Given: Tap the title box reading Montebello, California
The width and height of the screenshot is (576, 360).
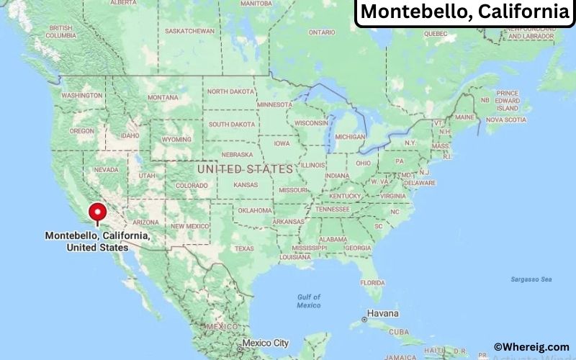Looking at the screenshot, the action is [464, 12].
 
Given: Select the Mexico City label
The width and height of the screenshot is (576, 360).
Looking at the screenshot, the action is [266, 343].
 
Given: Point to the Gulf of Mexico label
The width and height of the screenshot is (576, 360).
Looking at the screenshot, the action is [309, 301].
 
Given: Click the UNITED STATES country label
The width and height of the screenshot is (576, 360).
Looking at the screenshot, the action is [245, 169].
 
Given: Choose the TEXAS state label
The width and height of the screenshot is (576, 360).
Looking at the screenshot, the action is [244, 248].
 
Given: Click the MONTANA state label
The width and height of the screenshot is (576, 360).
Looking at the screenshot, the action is [163, 97].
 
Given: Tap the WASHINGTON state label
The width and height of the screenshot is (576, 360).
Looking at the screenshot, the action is [81, 95].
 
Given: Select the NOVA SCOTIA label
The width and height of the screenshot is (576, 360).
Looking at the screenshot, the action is [506, 120].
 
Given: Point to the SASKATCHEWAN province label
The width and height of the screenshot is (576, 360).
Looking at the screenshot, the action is [190, 31].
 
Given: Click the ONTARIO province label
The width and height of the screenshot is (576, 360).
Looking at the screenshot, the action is [322, 32].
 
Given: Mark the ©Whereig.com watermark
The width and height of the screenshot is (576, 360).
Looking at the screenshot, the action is [531, 347].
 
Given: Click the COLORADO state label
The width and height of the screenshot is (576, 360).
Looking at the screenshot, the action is [192, 185].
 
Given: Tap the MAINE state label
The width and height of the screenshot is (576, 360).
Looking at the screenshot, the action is [464, 117].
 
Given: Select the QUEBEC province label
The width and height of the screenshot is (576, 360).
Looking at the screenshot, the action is [436, 33].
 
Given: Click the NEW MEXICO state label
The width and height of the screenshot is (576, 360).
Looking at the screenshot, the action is [189, 225].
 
